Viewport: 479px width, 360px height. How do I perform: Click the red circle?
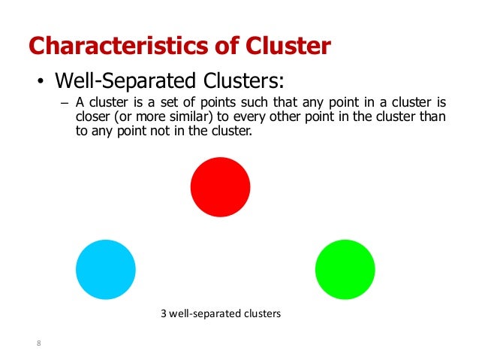point(220,186)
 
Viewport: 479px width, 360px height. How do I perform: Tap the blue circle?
point(106,269)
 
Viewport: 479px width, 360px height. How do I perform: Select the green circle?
point(345,270)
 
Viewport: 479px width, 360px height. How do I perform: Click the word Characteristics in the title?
point(116,47)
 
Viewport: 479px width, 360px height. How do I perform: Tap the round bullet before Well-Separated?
point(35,81)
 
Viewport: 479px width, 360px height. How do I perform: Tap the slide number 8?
point(39,344)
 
